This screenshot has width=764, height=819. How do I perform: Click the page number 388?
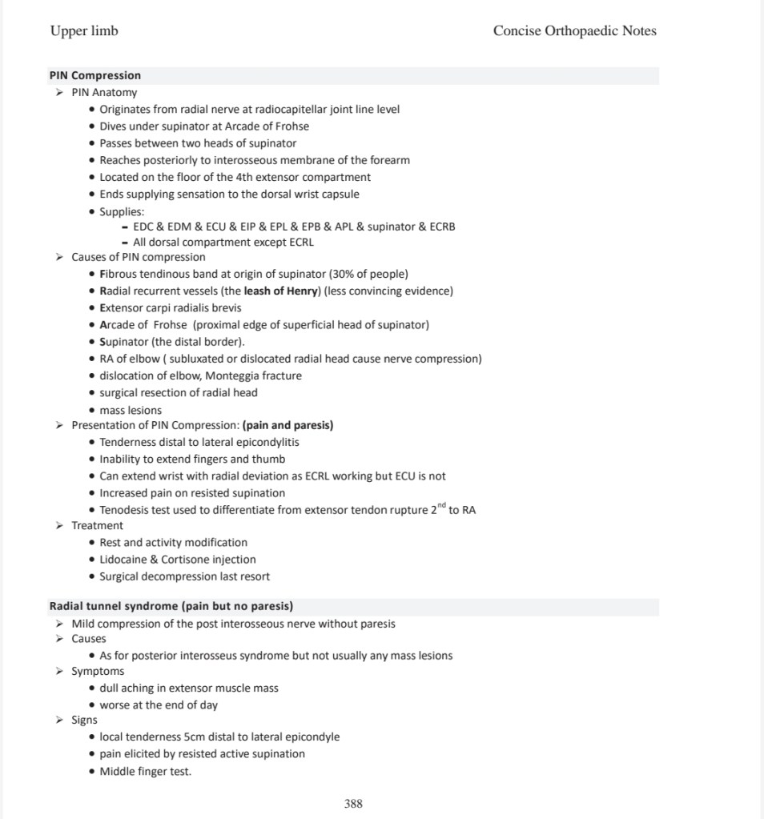[353, 803]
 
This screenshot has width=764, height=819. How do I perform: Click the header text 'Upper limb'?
[84, 31]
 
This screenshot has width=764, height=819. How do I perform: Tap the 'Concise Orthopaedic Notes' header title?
[574, 31]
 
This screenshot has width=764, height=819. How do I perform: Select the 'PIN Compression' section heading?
[94, 75]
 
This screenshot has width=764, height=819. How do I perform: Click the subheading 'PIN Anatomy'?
[104, 92]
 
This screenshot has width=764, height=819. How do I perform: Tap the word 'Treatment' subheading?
[97, 525]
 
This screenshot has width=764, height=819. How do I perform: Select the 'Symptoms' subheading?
[98, 671]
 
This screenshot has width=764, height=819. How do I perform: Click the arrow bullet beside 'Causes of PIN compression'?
[59, 257]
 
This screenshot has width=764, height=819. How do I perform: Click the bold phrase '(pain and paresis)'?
[288, 425]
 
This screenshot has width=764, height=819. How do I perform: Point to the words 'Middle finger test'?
[145, 772]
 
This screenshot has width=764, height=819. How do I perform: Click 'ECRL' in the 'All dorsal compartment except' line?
[298, 242]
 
